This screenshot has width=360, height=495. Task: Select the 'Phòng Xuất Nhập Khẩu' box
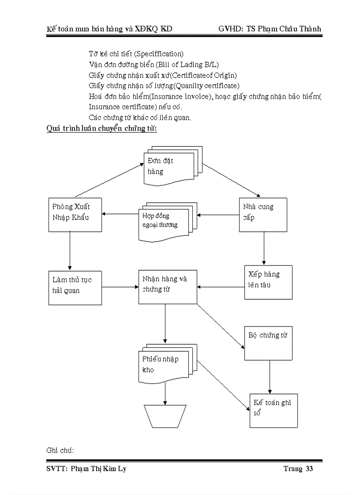tap(75, 215)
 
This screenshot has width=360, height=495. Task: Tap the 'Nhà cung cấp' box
tap(262, 215)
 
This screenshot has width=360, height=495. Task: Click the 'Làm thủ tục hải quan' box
tap(75, 288)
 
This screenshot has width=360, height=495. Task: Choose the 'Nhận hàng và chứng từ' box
tap(168, 287)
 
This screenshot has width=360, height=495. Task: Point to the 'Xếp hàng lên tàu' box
tap(268, 282)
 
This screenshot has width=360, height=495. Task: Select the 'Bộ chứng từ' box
tap(268, 343)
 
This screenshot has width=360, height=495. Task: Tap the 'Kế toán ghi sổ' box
tap(274, 410)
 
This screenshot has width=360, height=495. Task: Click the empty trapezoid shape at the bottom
tap(165, 417)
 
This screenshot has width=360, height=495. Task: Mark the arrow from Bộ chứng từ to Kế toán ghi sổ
tap(269, 377)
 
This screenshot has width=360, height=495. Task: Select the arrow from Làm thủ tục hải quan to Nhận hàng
tap(120, 287)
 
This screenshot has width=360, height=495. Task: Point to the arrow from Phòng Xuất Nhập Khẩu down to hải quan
tap(70, 251)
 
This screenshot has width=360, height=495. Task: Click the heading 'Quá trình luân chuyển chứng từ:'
tap(102, 129)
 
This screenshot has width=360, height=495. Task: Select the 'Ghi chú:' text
tap(60, 450)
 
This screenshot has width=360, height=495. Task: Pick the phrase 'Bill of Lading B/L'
tap(187, 64)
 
